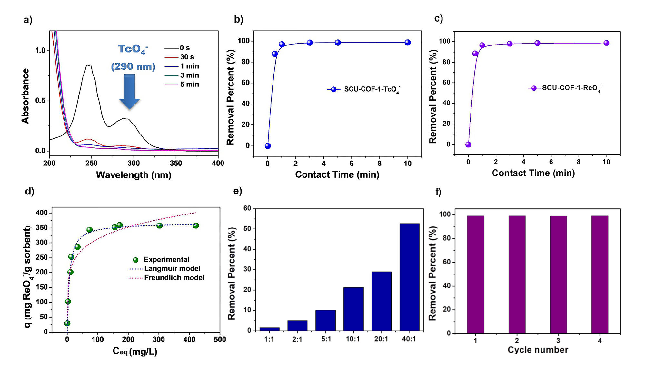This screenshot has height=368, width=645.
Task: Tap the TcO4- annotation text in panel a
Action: pos(133,49)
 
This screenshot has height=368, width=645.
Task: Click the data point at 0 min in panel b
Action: pos(268,146)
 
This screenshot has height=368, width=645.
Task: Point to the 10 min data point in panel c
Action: pos(606,43)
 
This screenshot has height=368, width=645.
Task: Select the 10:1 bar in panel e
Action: pos(353,309)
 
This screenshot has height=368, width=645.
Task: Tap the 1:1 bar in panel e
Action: pos(269,329)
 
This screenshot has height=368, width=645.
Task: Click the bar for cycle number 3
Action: pos(558,274)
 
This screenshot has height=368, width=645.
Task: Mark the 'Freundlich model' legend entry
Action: pos(174,278)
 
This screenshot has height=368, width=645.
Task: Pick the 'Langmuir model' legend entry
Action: pos(172,269)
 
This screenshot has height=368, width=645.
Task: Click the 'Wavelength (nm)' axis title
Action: pos(134,175)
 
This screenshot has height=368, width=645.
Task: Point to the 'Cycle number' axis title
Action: pos(538,350)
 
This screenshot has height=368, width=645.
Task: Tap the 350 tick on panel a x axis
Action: pos(176,163)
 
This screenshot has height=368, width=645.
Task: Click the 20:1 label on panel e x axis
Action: pos(381,339)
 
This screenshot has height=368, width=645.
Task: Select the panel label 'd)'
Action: pos(29,191)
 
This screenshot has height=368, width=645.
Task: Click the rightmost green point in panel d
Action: pos(196,225)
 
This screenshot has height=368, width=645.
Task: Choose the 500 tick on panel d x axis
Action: pos(220,339)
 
